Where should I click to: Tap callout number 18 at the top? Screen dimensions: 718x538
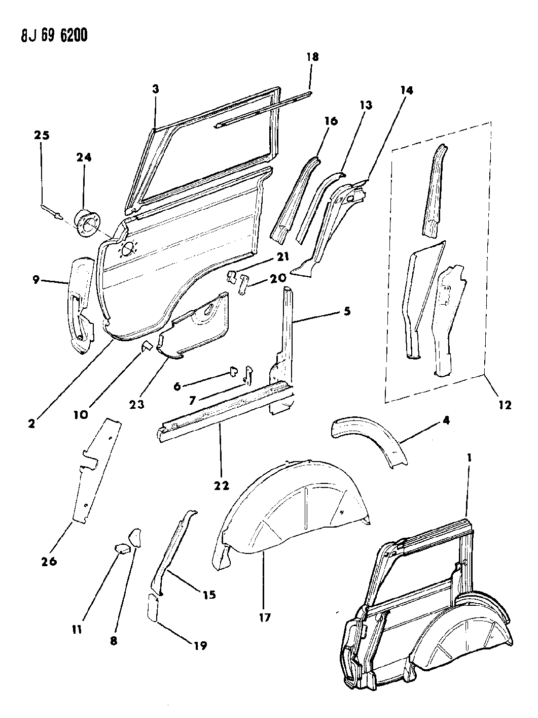pos(312,57)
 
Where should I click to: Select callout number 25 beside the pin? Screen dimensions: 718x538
pos(42,136)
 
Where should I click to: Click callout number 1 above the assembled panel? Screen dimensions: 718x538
pos(470,458)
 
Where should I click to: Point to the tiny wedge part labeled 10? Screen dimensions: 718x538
pos(147,347)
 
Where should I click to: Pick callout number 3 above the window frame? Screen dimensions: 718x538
pos(155,89)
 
